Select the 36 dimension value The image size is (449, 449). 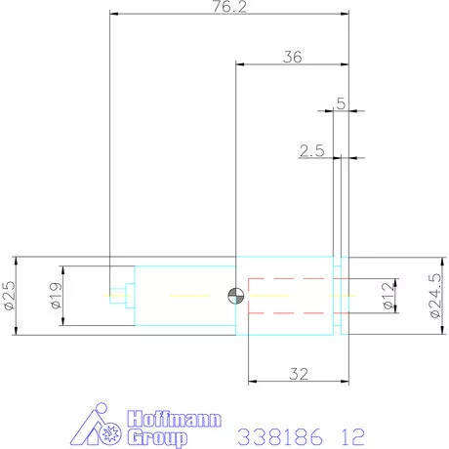click(x=292, y=57)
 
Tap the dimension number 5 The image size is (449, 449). click(x=341, y=102)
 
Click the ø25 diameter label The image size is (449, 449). click(x=8, y=296)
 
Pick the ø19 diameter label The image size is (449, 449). click(x=55, y=296)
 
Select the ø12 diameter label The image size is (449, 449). click(x=388, y=296)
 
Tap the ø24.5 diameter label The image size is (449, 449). click(x=435, y=296)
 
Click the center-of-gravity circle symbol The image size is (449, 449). click(x=235, y=296)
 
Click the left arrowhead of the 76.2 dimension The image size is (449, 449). click(x=114, y=15)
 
